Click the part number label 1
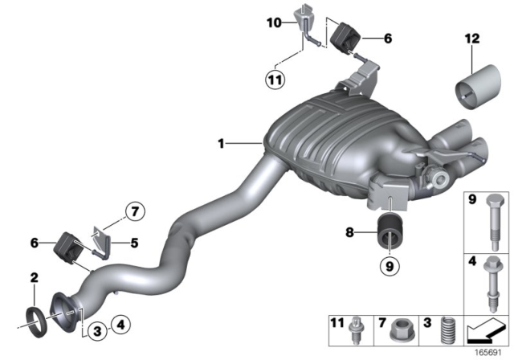(219, 144)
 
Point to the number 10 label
(273, 23)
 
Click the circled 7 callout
(133, 213)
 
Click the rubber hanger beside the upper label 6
(349, 35)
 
